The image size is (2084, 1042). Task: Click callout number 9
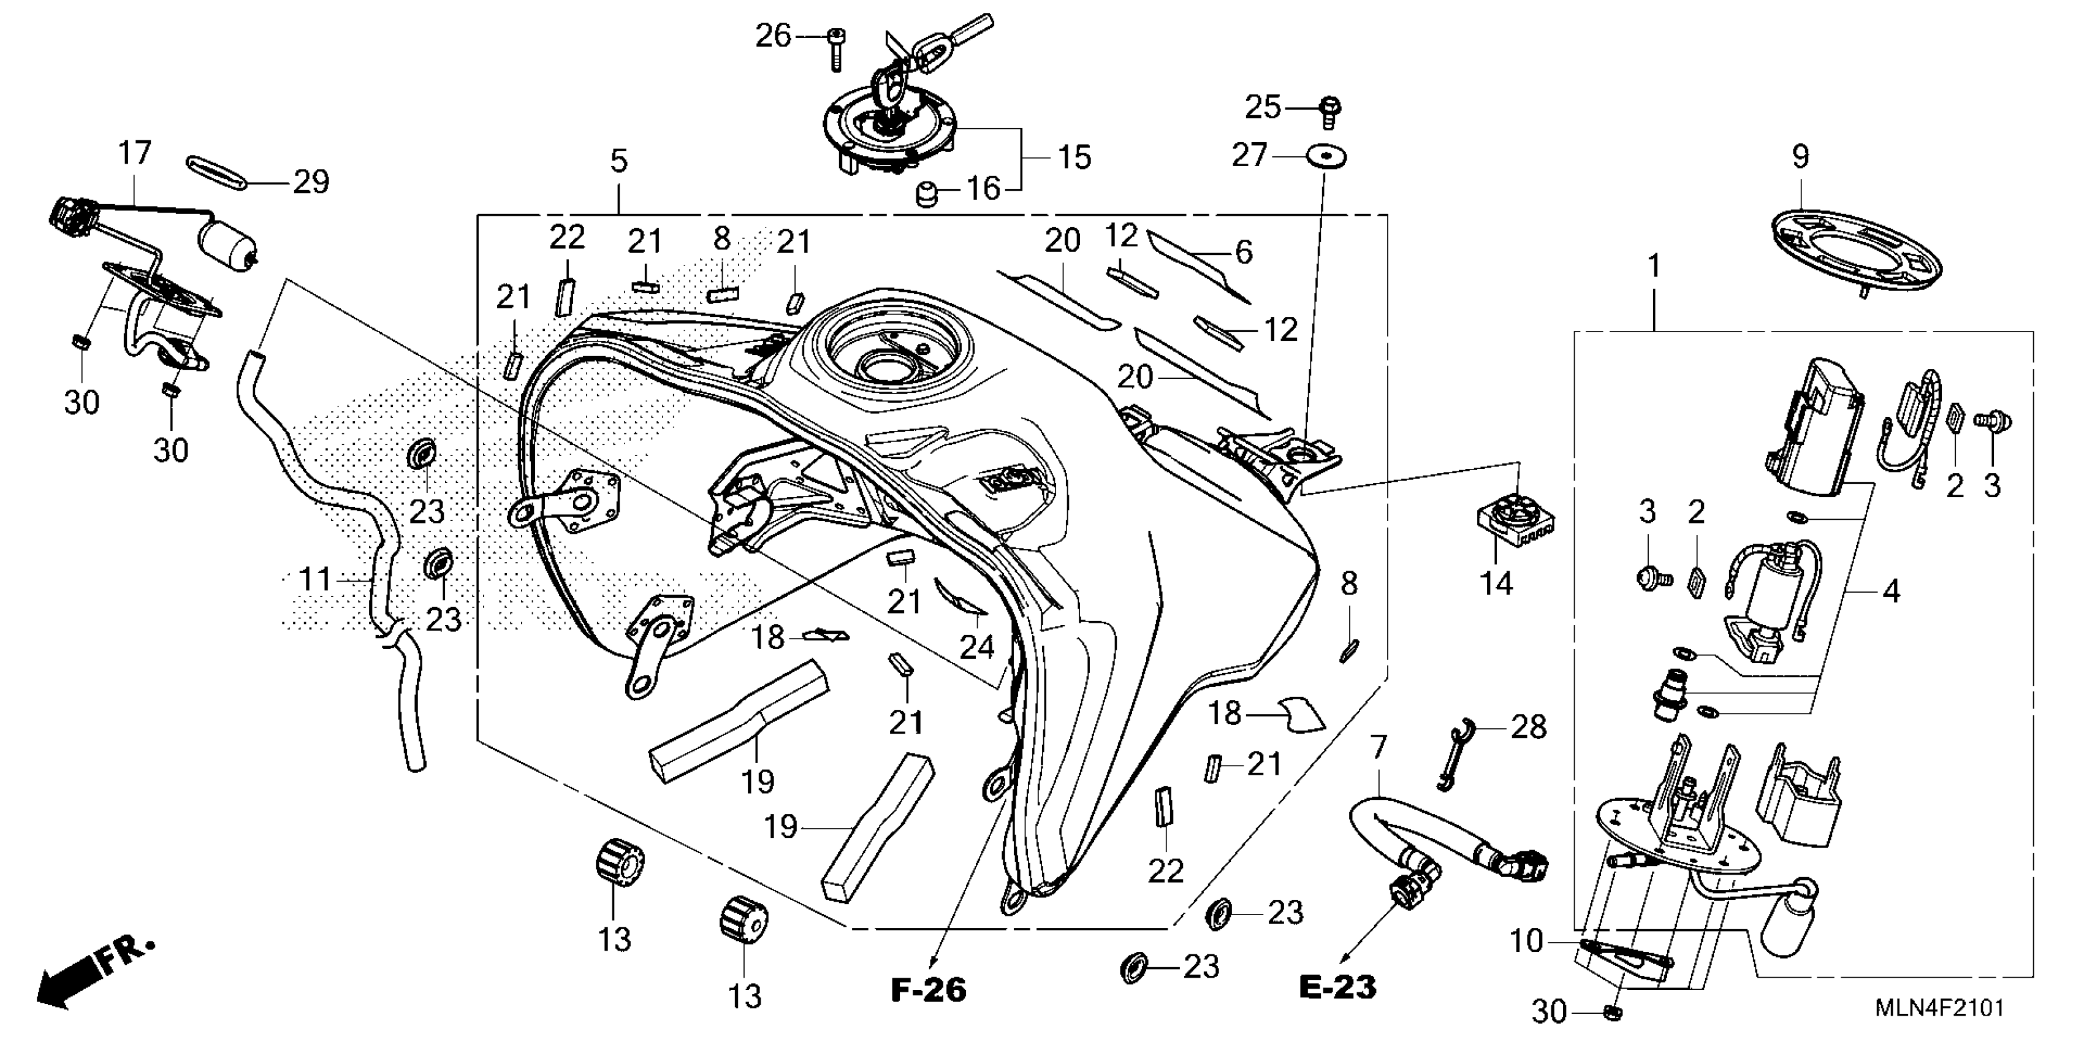(x=1801, y=156)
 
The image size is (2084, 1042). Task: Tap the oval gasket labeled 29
(x=218, y=173)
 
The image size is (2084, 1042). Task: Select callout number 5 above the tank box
(x=619, y=161)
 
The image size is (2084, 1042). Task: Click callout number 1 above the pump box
(x=1654, y=266)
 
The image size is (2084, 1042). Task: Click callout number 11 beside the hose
(x=316, y=579)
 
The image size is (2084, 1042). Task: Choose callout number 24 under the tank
(x=976, y=647)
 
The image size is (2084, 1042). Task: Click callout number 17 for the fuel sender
(x=134, y=152)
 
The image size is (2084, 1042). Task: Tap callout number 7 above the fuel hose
(x=1379, y=746)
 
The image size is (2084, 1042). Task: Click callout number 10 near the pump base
(x=1527, y=941)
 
